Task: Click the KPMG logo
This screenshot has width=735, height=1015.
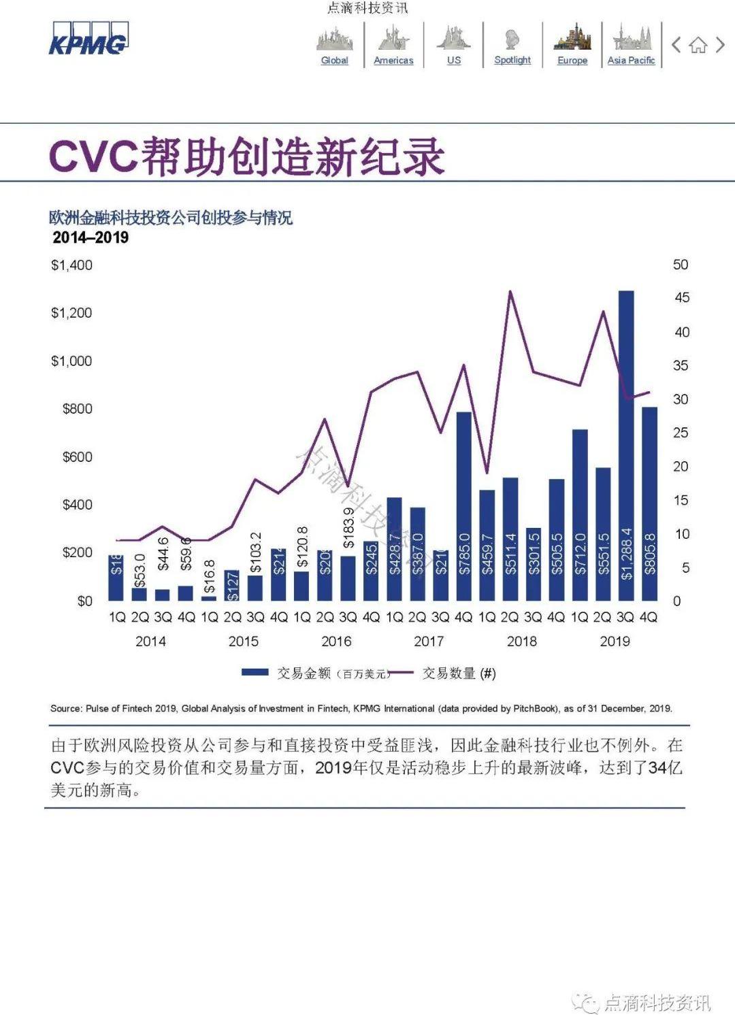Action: (88, 39)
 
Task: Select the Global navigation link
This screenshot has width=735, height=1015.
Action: (334, 60)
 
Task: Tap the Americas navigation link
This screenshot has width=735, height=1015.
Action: (393, 60)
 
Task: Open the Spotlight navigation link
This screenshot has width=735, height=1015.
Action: (512, 60)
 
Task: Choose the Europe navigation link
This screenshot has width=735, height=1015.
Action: (572, 60)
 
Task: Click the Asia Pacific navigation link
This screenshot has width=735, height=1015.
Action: (632, 60)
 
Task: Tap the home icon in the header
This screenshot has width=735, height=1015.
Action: (698, 46)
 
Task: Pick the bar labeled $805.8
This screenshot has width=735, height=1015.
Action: (650, 503)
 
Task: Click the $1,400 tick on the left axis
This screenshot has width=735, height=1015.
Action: (71, 265)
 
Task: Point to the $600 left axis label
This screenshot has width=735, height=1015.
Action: (77, 456)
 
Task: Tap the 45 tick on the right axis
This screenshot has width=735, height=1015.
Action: (681, 297)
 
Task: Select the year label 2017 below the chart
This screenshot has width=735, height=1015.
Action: (429, 641)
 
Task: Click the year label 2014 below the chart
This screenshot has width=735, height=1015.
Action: (150, 641)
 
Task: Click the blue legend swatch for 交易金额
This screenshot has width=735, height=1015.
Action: (255, 673)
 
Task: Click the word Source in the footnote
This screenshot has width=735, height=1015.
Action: (66, 708)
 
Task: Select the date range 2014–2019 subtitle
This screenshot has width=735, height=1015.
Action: (91, 237)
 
